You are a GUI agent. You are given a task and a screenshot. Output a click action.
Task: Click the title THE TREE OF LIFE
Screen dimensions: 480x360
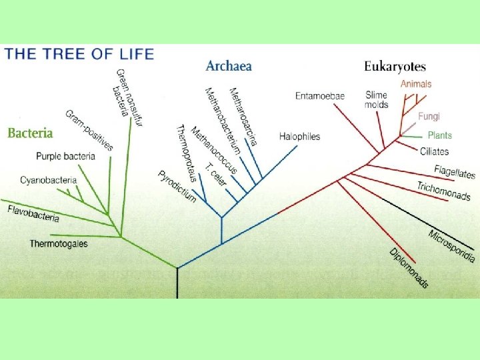(79, 54)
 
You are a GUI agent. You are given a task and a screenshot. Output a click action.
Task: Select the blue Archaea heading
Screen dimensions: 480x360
(229, 66)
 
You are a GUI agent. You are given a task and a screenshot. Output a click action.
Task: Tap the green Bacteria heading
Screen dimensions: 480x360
(30, 133)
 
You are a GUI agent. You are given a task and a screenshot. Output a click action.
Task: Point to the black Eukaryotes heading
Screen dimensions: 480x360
(395, 67)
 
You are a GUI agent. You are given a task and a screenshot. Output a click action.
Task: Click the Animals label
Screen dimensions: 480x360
(416, 84)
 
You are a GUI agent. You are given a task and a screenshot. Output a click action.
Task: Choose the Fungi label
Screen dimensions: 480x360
(429, 116)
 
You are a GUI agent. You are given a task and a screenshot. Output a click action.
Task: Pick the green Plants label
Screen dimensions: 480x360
(439, 135)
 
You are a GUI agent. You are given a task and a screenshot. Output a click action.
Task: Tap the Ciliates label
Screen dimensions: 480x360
(434, 151)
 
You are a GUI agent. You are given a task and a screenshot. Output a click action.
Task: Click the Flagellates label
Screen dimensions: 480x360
(455, 171)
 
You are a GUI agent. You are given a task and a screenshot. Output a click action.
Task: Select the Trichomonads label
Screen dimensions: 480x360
(443, 191)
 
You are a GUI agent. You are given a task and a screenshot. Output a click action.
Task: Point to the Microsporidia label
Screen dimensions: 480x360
(451, 245)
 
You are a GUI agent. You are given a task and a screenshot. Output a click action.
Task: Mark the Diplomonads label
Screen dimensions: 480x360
(409, 268)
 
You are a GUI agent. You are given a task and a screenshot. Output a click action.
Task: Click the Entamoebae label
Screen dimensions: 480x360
(320, 96)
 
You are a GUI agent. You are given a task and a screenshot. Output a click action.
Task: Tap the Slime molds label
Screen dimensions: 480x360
(377, 99)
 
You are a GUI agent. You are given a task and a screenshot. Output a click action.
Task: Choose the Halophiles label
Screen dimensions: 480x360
(299, 137)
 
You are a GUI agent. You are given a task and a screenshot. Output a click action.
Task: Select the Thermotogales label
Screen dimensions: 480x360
(59, 244)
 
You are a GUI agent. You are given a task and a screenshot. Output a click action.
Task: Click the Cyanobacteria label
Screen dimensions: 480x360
(48, 180)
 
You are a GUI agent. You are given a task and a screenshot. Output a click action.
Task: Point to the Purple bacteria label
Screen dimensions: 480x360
(65, 157)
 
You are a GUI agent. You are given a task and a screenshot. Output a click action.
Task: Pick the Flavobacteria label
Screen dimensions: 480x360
(33, 214)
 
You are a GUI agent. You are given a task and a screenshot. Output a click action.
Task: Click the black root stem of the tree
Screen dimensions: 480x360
(177, 283)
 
